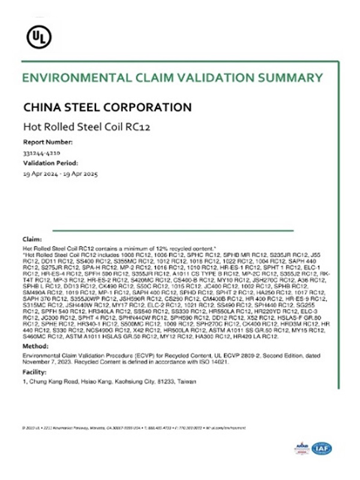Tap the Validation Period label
(50, 163)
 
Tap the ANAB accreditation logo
(301, 448)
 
